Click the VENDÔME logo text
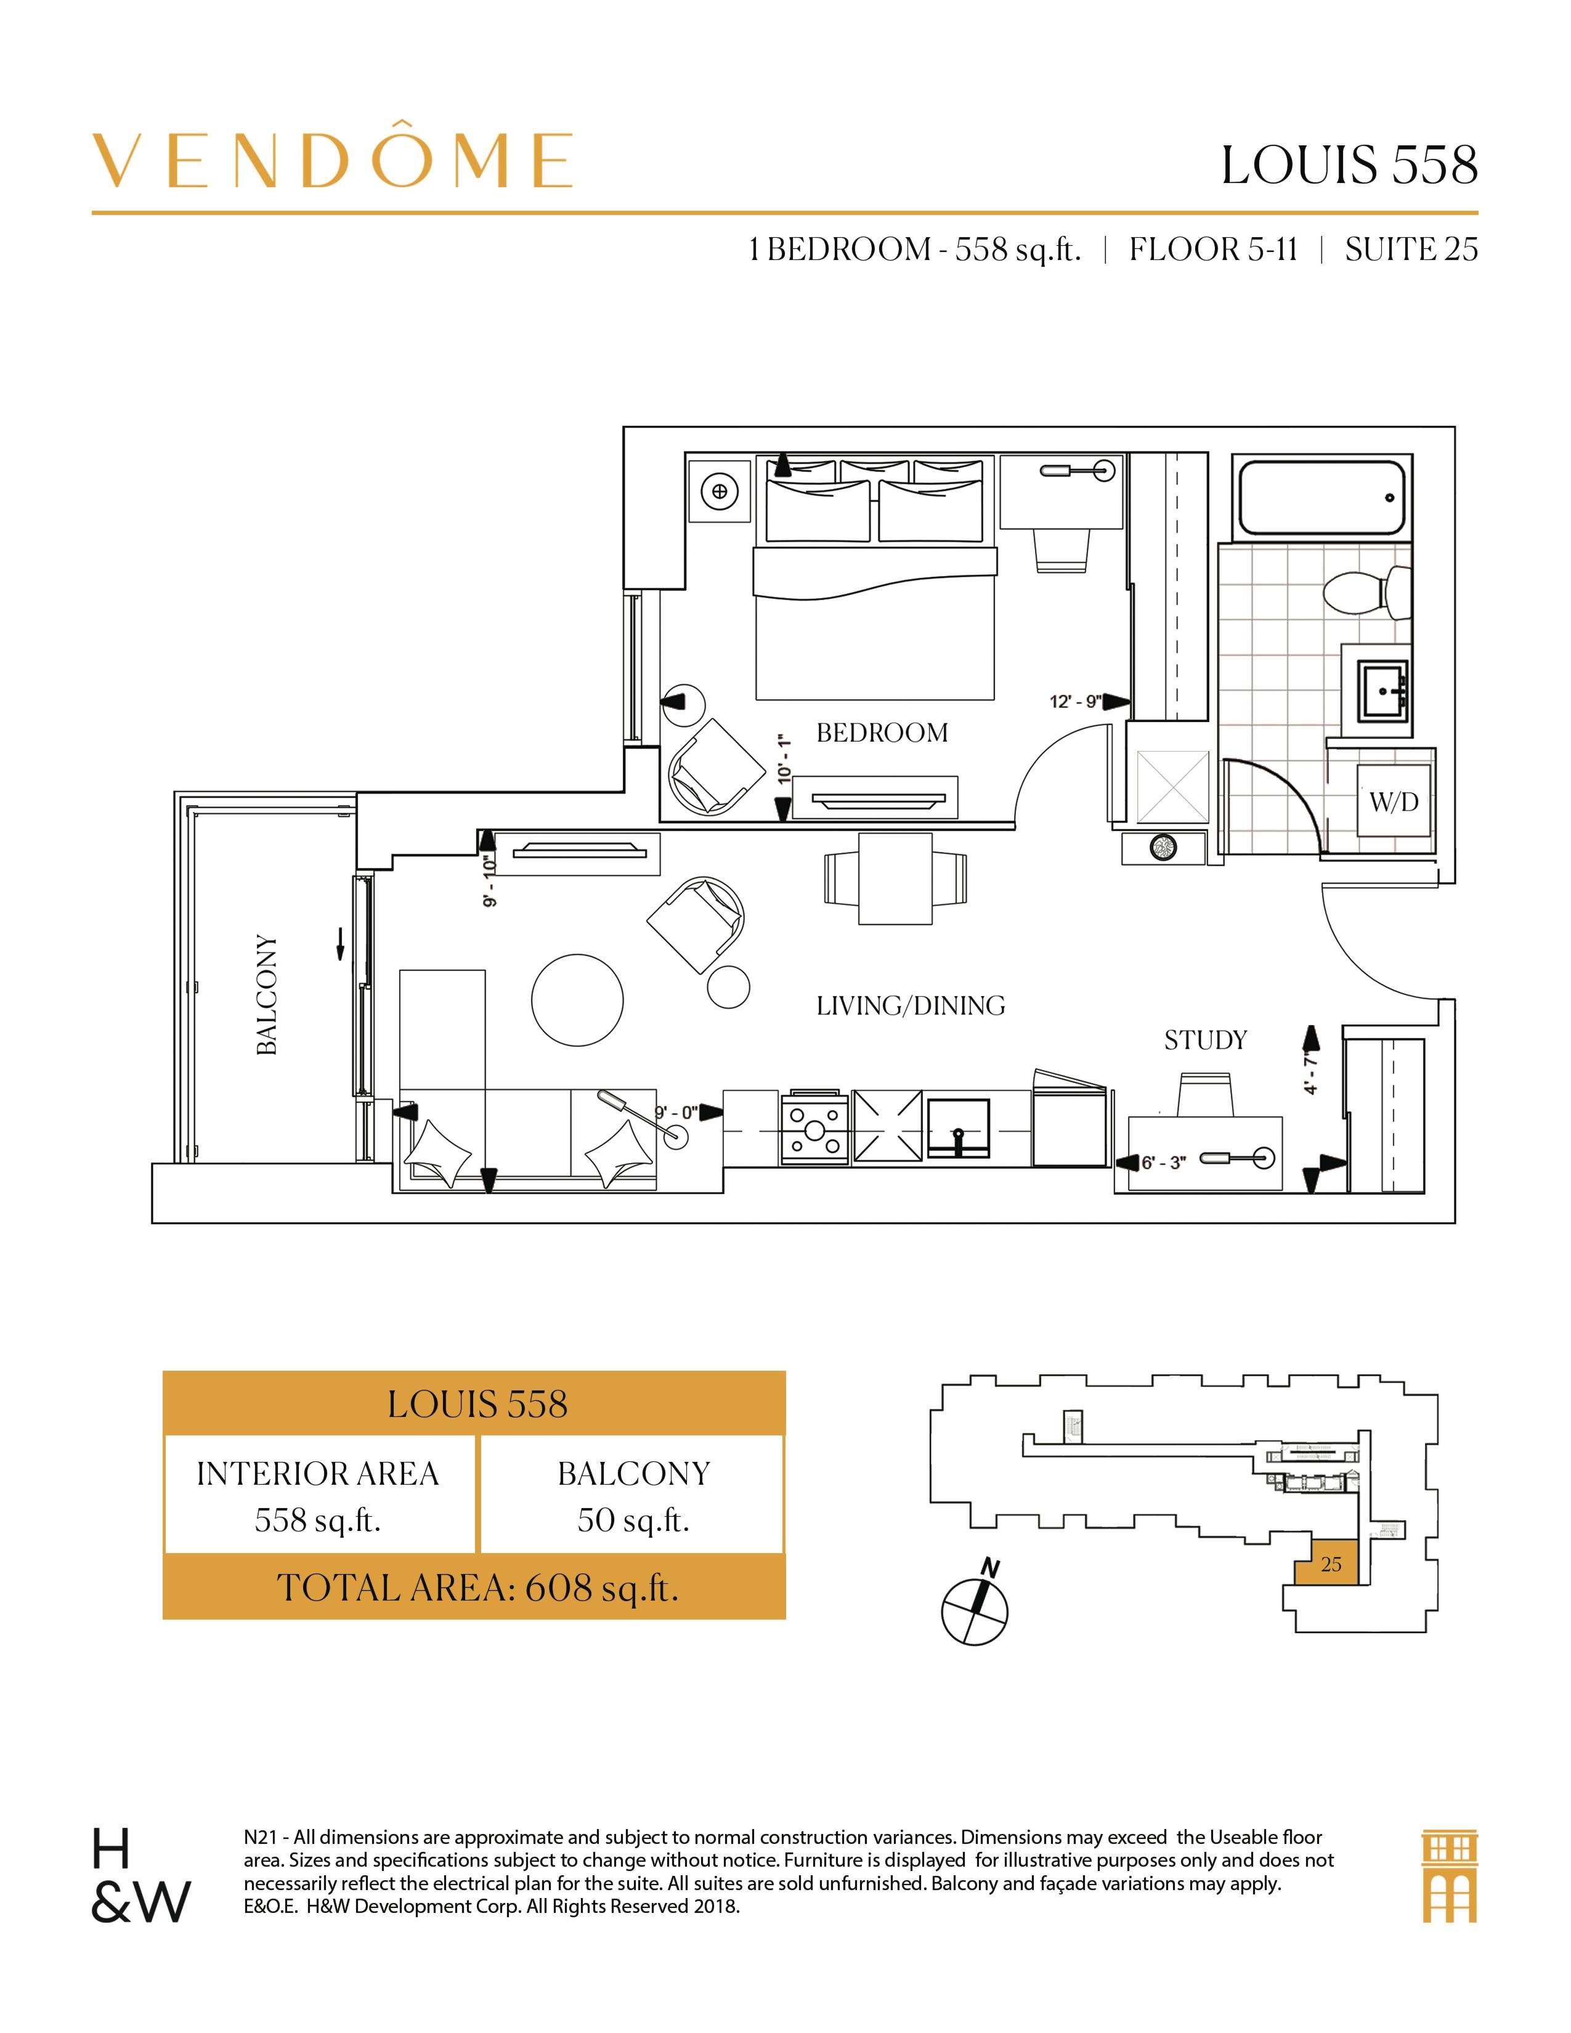332,160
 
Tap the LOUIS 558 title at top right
1349,166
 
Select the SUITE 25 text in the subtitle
1411,250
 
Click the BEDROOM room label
882,734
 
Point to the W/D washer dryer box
1393,801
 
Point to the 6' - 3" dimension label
1163,1162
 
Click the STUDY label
1205,1040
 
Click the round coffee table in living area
577,1000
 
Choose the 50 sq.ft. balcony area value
632,1520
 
